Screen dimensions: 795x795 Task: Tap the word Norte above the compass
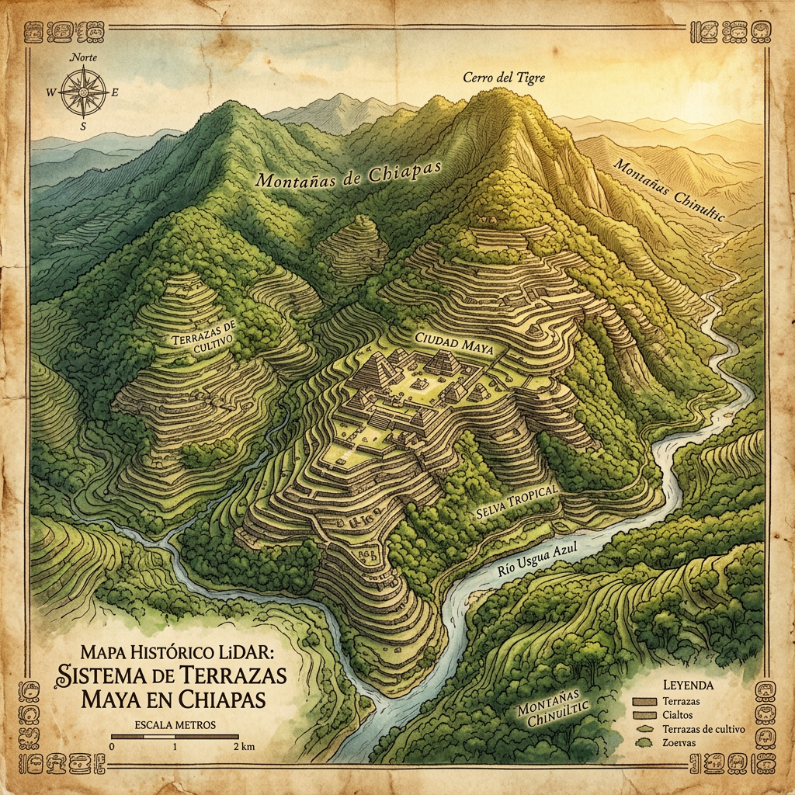click(83, 57)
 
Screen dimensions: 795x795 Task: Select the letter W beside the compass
click(51, 92)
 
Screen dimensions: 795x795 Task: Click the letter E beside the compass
click(115, 92)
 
